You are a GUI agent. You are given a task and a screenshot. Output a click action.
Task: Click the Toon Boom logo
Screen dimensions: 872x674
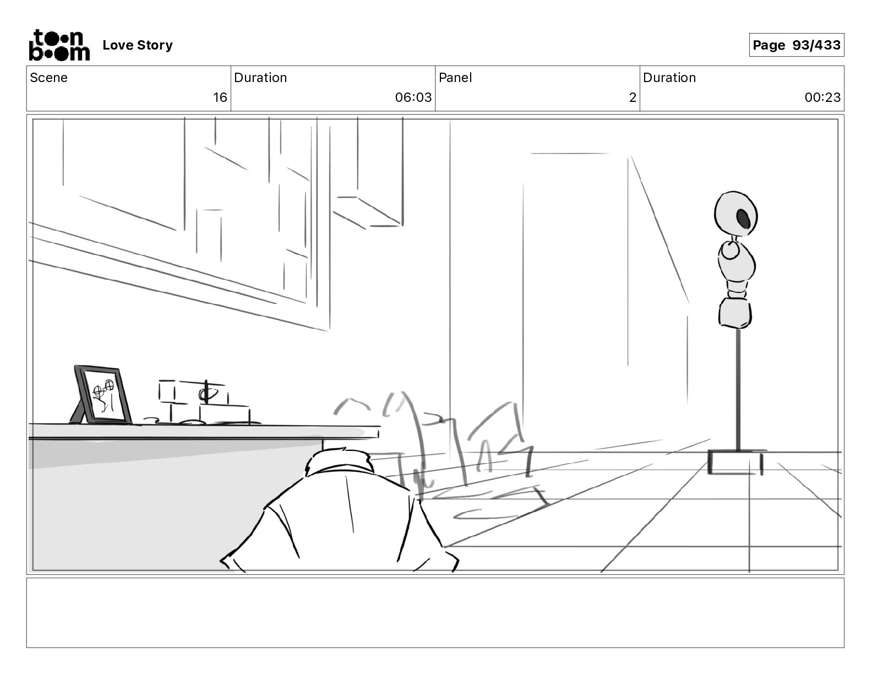click(x=59, y=45)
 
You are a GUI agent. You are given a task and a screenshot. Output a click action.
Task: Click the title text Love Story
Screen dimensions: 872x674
click(x=138, y=45)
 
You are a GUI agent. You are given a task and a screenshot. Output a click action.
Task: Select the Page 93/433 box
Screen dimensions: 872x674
click(x=796, y=45)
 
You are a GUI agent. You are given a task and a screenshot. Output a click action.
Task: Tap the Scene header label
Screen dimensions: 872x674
click(x=49, y=78)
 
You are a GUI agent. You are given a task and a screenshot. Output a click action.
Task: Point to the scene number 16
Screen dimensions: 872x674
click(x=220, y=97)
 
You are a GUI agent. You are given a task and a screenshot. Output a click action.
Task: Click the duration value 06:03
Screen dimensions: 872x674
click(x=413, y=97)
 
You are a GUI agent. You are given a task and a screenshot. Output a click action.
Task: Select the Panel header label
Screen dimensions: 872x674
click(x=455, y=78)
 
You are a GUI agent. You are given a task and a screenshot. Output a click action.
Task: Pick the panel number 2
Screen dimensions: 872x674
click(x=633, y=97)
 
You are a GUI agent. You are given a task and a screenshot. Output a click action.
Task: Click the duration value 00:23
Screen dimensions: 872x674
click(x=822, y=97)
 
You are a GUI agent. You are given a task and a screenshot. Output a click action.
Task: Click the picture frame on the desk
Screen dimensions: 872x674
click(x=103, y=395)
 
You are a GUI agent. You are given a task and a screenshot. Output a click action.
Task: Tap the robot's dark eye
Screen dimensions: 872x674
click(x=743, y=219)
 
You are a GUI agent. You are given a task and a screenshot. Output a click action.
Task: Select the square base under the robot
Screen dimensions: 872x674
click(x=735, y=462)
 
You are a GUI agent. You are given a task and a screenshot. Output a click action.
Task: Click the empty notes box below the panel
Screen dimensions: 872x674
click(x=435, y=612)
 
